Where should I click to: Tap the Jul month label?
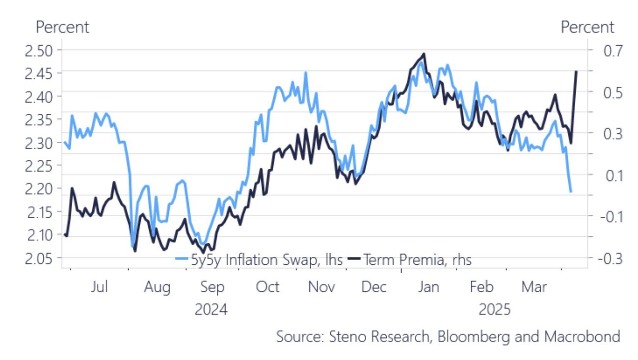click(99, 287)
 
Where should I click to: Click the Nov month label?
click(321, 287)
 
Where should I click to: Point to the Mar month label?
click(534, 287)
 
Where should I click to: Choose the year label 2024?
click(211, 310)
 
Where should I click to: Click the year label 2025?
click(495, 310)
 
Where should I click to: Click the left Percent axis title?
click(63, 27)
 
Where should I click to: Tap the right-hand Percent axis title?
click(587, 27)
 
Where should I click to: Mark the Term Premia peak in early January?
click(424, 54)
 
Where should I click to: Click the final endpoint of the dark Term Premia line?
click(576, 72)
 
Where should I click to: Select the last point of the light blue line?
click(571, 191)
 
